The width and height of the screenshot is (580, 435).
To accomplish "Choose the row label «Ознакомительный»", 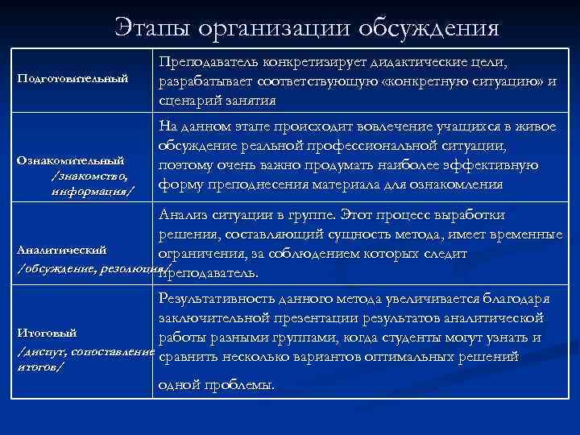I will pyautogui.click(x=72, y=159).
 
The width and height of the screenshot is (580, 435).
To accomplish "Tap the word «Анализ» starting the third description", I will pyautogui.click(x=182, y=215).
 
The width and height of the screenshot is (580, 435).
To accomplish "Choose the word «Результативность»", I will pyautogui.click(x=215, y=298).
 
